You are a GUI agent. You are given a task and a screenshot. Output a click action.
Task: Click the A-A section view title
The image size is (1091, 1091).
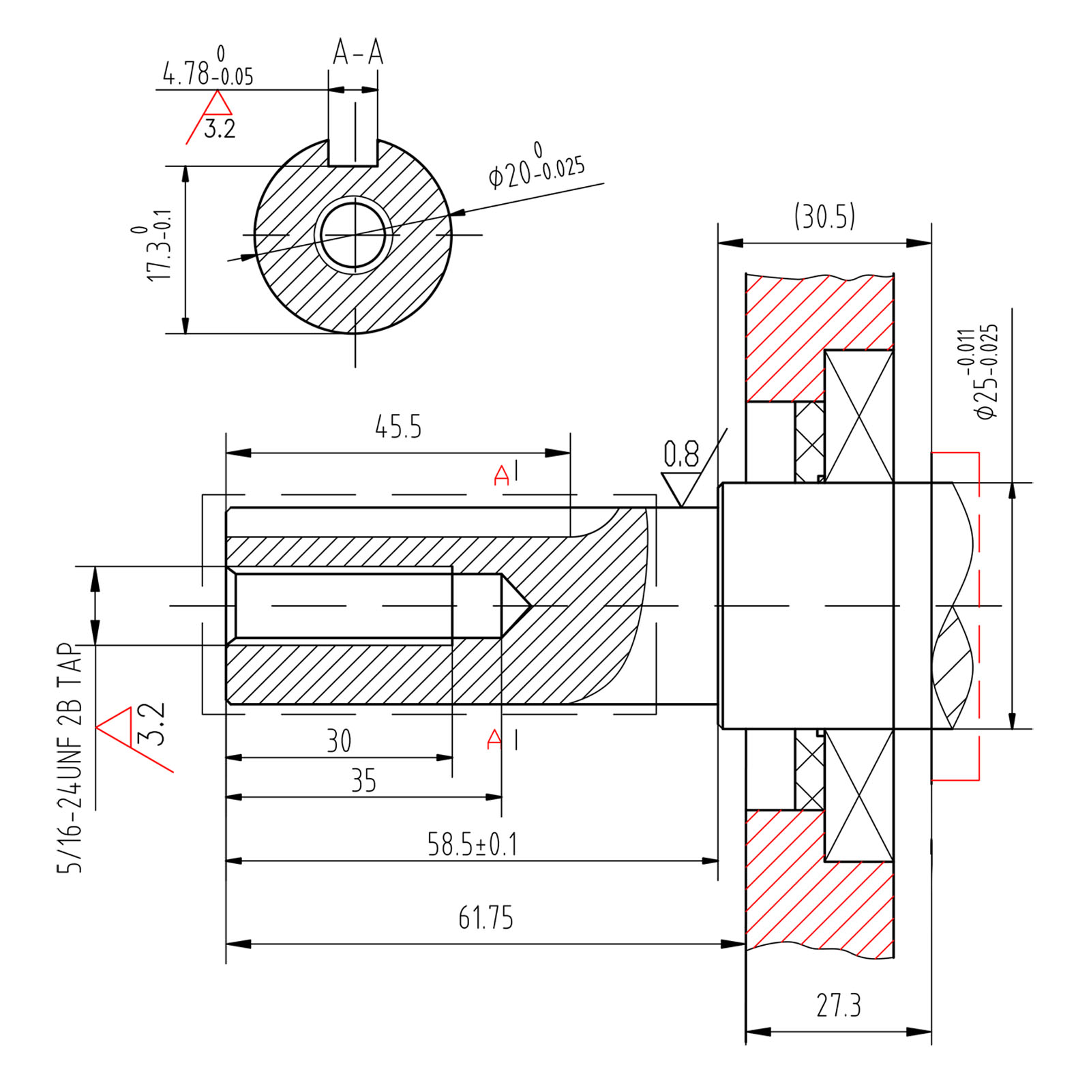coord(358,53)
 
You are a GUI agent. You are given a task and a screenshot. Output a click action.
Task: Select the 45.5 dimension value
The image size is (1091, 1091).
coord(398,427)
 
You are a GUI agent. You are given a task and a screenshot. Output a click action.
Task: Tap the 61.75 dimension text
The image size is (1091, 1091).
coord(485,917)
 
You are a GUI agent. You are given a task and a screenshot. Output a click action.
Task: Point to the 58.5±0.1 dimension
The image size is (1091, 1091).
coord(472,844)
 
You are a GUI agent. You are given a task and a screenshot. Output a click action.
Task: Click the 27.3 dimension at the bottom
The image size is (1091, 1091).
coord(839,1005)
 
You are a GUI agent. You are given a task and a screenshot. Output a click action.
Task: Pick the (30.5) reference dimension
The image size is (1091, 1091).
coord(824,217)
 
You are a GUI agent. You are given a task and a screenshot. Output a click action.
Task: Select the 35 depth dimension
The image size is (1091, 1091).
coord(363,781)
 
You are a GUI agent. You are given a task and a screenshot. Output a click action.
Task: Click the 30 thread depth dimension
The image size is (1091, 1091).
coord(339,741)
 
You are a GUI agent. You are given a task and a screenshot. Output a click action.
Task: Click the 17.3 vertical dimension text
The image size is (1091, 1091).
coord(159,245)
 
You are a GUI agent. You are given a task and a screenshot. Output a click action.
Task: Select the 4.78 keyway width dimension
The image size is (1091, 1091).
coord(207,71)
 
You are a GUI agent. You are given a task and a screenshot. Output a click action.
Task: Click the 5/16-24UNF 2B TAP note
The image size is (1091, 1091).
coord(70,757)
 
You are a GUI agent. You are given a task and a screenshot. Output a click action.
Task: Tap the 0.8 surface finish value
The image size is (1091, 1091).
coord(681,454)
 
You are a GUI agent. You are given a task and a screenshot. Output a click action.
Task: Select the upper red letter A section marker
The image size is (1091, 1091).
coord(501,475)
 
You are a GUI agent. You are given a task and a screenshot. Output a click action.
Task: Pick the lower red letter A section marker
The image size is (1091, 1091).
coord(494,740)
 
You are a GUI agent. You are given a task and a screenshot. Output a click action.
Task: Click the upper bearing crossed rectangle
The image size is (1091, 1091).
coord(858,417)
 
